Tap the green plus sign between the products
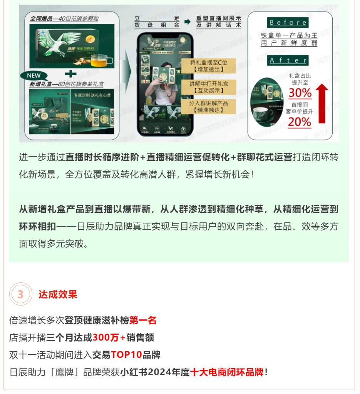70,73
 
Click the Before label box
288,22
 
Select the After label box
288,60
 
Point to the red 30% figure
300,93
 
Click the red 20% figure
300,122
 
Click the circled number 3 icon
20,294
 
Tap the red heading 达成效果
58,294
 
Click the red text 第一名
143,320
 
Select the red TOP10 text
126,355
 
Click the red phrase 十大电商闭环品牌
227,372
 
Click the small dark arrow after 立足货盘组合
187,22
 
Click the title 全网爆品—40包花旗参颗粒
64,18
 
